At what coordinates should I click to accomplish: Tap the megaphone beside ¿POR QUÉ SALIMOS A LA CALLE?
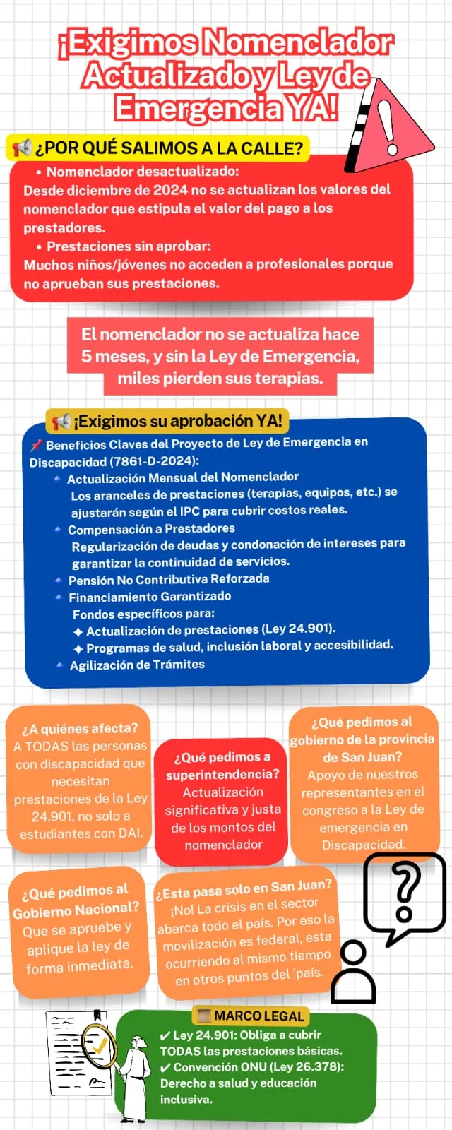point(22,148)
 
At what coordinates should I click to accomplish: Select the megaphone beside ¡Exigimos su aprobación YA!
point(61,422)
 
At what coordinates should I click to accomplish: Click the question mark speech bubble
point(404,894)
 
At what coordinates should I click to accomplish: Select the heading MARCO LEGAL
point(258,1016)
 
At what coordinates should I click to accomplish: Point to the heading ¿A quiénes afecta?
point(80,728)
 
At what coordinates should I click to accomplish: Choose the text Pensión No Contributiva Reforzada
point(169,579)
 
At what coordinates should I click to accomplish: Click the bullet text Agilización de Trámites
point(137,665)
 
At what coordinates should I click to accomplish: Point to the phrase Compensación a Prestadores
point(151,528)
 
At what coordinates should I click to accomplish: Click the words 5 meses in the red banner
point(113,356)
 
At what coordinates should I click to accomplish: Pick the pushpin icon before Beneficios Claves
point(36,445)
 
